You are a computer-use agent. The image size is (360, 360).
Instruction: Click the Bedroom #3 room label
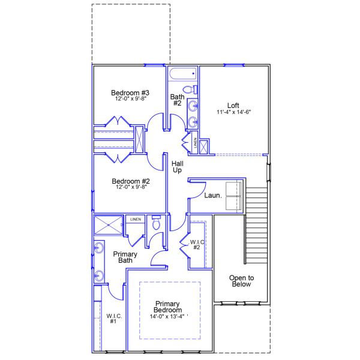coord(130,93)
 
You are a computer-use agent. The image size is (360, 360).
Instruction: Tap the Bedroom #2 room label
coord(130,181)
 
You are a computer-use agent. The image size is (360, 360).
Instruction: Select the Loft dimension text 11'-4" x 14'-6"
coord(234,112)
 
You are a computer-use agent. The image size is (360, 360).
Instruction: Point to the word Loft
coord(234,104)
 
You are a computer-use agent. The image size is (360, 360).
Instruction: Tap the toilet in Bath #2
coord(189,90)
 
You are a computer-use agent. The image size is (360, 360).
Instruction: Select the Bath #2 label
coord(177,100)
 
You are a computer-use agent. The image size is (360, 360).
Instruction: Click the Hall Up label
coord(177,167)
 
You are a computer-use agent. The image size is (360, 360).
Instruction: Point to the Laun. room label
coord(212,195)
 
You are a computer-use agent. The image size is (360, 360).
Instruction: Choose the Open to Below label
coord(242,281)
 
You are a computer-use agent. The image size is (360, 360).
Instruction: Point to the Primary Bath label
coord(125,257)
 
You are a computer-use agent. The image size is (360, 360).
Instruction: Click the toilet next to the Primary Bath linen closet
coord(157,224)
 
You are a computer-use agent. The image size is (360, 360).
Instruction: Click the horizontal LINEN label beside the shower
coord(135,220)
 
